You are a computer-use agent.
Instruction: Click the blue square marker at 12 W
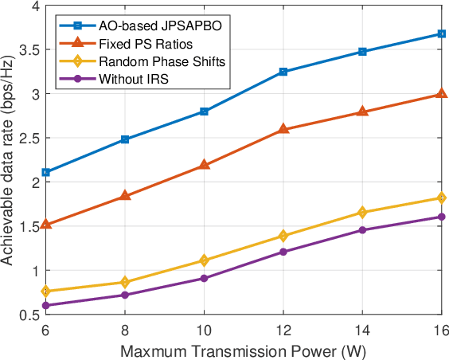click(x=284, y=72)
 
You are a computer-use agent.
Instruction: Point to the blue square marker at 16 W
click(x=442, y=33)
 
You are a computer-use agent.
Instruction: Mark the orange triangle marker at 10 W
click(x=205, y=165)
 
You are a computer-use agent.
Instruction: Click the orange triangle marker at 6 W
click(x=46, y=225)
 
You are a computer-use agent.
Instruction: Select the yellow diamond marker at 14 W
click(x=363, y=213)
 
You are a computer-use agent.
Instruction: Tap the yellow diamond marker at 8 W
click(x=126, y=282)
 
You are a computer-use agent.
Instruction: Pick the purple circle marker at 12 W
click(x=284, y=252)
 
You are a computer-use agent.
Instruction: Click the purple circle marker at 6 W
click(x=46, y=305)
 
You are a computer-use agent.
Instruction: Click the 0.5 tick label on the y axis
click(x=30, y=315)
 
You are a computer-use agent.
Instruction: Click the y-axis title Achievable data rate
click(x=10, y=159)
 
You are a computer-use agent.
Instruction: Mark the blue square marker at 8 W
click(x=126, y=139)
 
